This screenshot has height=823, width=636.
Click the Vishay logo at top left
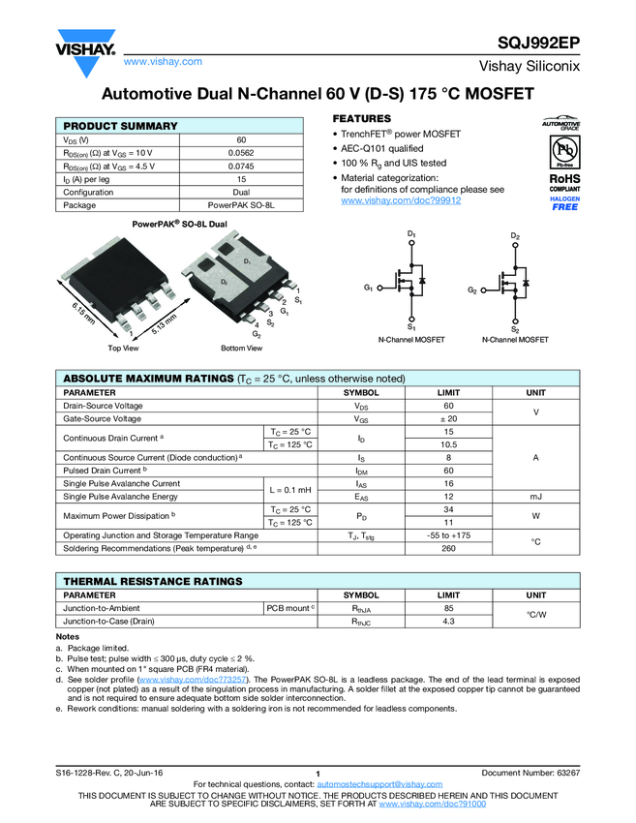click(85, 48)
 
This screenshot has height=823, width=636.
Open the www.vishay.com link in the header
click(163, 61)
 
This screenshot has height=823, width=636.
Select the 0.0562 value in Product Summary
click(241, 152)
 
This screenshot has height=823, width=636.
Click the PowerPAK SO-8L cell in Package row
click(241, 205)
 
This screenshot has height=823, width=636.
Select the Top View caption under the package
click(123, 348)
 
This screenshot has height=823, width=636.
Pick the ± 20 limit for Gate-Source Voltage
click(448, 419)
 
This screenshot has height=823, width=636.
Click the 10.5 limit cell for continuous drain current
click(448, 444)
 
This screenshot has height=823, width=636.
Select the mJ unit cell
click(535, 496)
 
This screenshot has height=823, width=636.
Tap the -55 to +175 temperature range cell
click(448, 534)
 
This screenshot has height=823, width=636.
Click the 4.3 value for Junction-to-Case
click(448, 621)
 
